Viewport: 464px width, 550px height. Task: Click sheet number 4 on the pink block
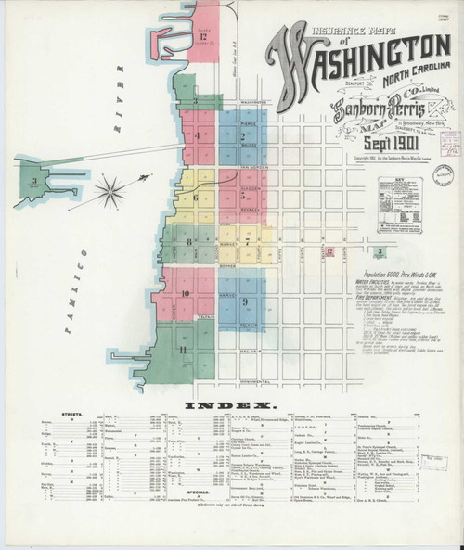(198, 135)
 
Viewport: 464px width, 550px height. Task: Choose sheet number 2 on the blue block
(241, 135)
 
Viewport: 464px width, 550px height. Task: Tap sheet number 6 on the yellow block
(196, 198)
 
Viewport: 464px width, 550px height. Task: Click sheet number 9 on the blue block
(244, 301)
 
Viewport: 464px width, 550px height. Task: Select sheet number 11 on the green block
(184, 349)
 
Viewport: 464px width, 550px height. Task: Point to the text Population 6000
(377, 265)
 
